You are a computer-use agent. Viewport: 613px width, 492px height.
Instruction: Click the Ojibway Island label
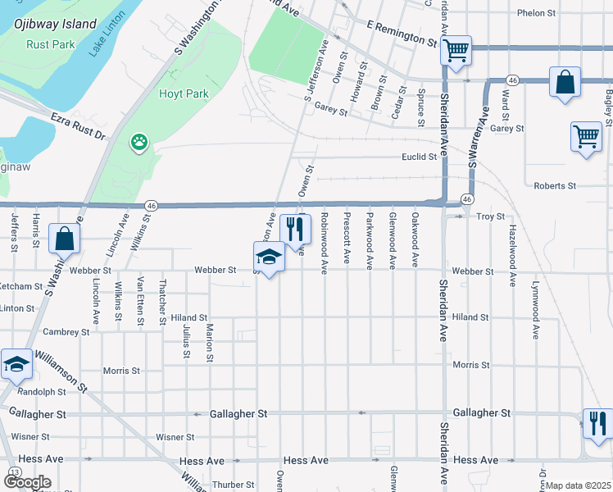(x=54, y=24)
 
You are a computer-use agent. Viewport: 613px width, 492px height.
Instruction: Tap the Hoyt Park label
(x=184, y=94)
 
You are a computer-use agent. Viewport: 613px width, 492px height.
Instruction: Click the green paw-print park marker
(x=140, y=142)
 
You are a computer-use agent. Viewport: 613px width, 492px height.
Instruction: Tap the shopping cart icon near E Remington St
(x=456, y=51)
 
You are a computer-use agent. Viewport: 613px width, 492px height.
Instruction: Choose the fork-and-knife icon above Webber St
(x=295, y=229)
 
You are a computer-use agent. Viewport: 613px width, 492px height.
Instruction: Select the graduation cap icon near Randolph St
(x=16, y=365)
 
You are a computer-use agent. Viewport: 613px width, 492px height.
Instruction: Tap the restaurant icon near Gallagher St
(x=597, y=423)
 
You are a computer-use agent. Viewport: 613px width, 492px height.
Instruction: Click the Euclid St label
(x=419, y=157)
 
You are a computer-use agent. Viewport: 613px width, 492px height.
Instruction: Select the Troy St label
(x=490, y=216)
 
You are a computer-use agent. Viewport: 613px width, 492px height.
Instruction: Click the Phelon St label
(x=537, y=13)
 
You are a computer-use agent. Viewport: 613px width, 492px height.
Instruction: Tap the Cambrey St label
(x=66, y=332)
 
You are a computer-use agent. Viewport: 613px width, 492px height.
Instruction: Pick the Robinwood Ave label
(x=325, y=243)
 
